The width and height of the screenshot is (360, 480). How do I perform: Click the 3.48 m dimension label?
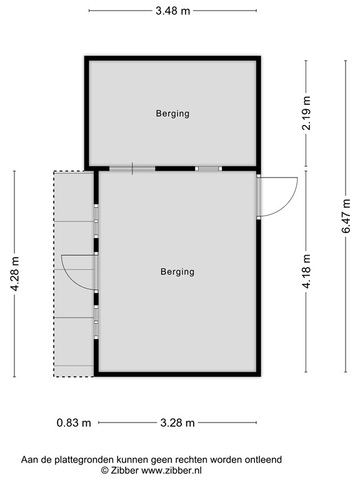[172, 11]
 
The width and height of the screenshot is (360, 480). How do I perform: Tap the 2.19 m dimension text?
[306, 114]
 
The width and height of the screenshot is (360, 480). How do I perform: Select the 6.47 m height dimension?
[346, 216]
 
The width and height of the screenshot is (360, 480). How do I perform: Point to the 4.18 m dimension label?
[306, 271]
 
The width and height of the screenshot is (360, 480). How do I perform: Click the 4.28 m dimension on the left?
[14, 274]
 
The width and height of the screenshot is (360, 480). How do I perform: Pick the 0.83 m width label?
[74, 423]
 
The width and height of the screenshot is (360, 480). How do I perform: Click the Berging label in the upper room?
[172, 114]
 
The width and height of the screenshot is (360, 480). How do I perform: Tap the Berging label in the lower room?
[177, 272]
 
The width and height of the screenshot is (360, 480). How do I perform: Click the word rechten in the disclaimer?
[186, 459]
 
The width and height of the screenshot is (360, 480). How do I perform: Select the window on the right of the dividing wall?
[208, 169]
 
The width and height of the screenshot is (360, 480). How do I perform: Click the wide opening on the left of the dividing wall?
[132, 169]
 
